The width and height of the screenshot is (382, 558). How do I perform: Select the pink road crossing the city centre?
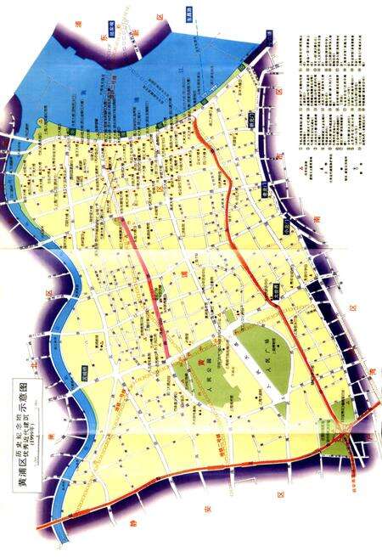pyautogui.click(x=144, y=272)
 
